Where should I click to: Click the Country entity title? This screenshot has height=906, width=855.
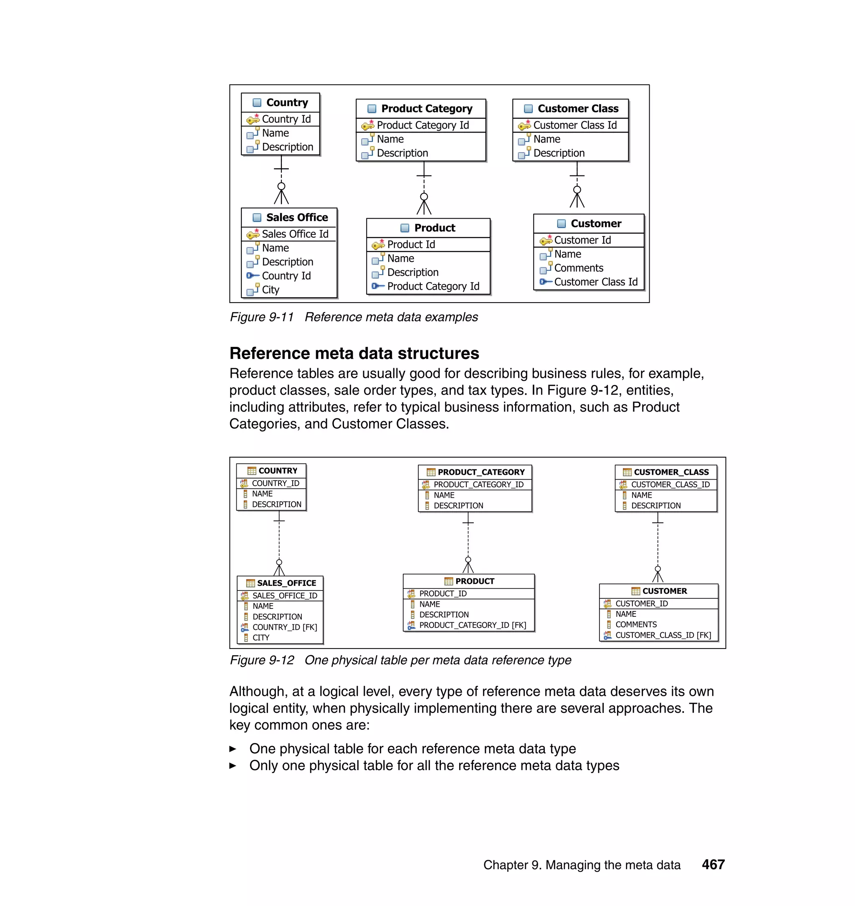click(x=287, y=103)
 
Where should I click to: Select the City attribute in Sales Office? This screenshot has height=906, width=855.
click(x=270, y=290)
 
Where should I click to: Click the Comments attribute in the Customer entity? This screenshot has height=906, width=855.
click(x=578, y=268)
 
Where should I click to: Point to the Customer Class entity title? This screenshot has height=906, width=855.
click(x=577, y=109)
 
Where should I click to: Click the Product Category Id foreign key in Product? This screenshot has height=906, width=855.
click(x=433, y=287)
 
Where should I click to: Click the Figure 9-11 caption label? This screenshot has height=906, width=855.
click(x=262, y=318)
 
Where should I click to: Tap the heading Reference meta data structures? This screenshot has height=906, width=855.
click(x=354, y=354)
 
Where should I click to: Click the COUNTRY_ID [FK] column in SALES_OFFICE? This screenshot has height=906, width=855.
click(x=284, y=627)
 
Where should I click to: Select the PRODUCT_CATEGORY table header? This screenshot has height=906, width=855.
click(x=481, y=472)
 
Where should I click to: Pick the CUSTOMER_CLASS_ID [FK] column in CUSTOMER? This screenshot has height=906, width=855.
click(x=663, y=635)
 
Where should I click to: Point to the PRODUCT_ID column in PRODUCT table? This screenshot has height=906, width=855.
click(x=443, y=593)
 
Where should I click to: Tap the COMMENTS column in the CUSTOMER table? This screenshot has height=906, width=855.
click(x=636, y=624)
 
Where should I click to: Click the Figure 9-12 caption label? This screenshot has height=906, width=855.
click(x=262, y=661)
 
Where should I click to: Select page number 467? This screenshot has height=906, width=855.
click(x=713, y=865)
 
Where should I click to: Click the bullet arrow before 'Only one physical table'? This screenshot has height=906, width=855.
click(x=233, y=766)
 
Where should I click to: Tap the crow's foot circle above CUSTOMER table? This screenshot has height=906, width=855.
click(x=657, y=569)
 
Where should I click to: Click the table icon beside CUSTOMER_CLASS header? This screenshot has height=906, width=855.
click(x=627, y=472)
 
